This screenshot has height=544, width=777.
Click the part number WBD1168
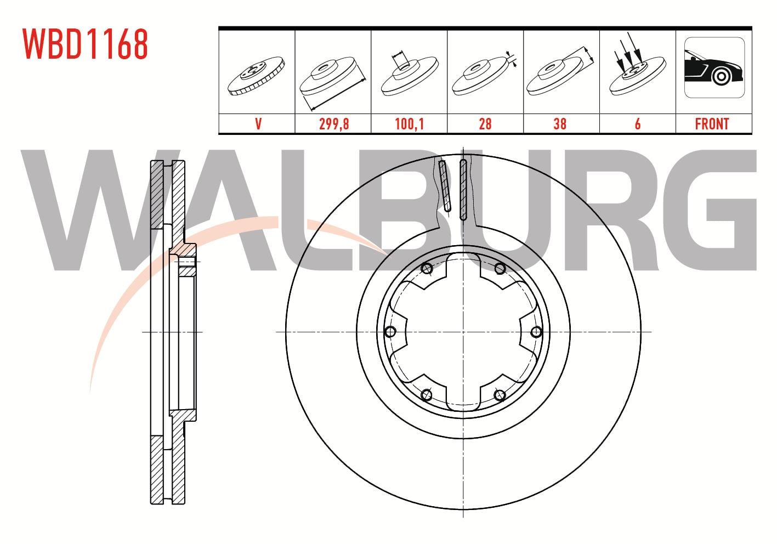86,44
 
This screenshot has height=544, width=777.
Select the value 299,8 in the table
334,124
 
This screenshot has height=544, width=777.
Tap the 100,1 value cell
409,124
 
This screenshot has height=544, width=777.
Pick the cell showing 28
485,124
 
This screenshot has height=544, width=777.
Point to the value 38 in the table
560,124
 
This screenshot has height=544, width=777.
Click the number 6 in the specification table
638,124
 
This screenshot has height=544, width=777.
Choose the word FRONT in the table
712,124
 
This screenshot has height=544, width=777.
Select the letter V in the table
258,124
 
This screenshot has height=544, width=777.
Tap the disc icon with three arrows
638,64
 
